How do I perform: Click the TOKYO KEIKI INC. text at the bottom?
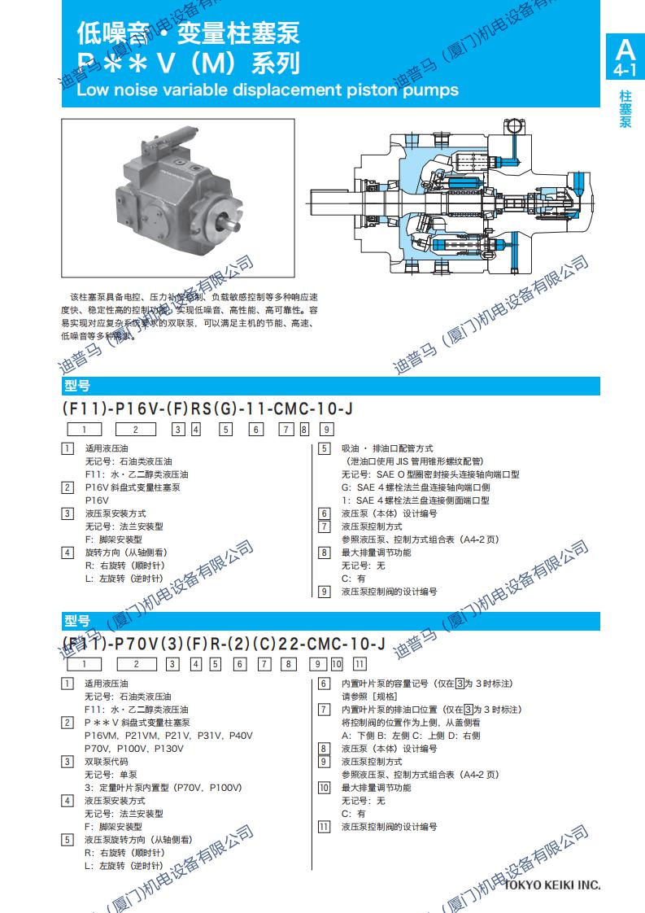552,885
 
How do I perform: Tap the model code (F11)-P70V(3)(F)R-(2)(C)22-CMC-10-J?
224,644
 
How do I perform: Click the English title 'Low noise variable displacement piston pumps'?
267,90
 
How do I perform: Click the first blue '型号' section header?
77,386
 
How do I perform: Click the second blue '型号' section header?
77,622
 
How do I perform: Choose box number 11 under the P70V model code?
360,665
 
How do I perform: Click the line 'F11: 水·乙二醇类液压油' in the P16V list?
136,474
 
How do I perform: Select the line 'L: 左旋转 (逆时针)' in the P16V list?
124,579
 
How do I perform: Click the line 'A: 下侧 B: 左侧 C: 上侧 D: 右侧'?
411,736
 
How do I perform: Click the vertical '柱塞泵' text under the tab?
625,109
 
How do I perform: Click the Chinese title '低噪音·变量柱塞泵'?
189,33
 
